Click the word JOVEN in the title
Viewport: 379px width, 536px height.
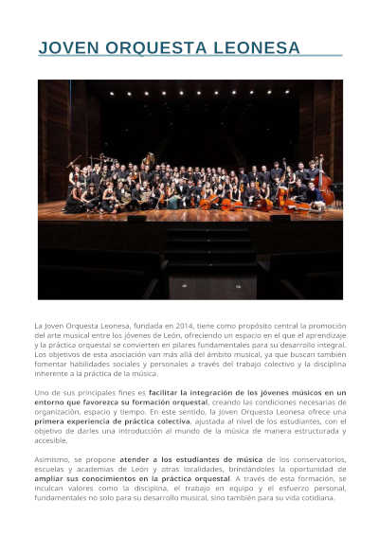[69, 47]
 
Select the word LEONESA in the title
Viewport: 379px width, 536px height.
[258, 47]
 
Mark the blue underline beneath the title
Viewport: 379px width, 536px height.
[189, 56]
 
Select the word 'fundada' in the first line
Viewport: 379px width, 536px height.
[132, 325]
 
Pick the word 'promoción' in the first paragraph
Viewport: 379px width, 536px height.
[322, 325]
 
